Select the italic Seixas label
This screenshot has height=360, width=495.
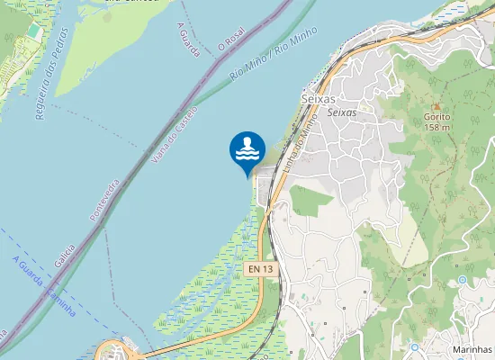(x=342, y=112)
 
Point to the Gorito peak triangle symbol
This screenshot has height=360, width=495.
(x=436, y=106)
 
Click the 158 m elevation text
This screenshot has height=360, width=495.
(x=437, y=128)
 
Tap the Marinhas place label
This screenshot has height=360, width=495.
(x=472, y=348)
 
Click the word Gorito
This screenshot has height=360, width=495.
(x=437, y=117)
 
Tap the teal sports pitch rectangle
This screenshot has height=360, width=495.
(x=33, y=31)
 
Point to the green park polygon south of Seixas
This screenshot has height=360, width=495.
(x=310, y=200)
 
